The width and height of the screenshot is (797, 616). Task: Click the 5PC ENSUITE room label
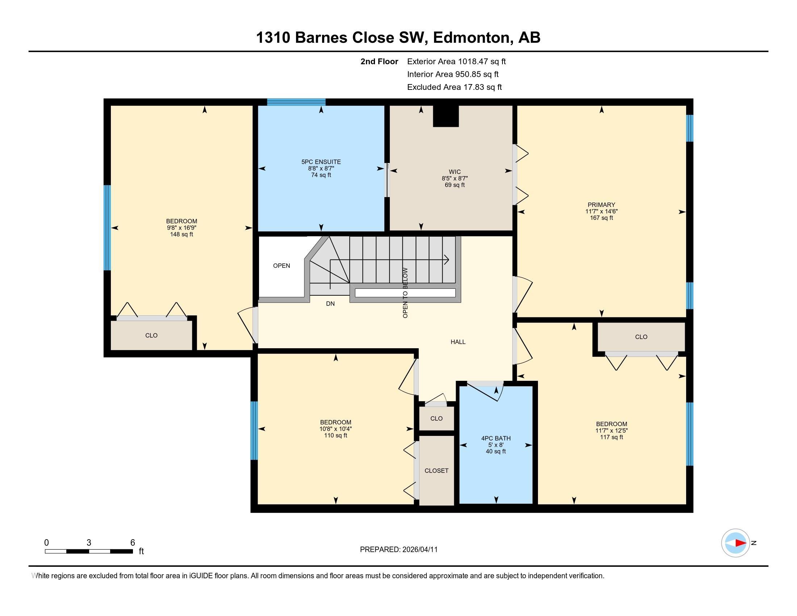point(321,162)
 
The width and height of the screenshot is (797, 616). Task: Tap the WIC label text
point(454,172)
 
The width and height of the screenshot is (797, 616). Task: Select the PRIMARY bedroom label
point(601,205)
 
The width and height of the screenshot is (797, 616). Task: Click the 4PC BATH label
point(496,438)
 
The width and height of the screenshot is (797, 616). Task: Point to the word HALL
point(458,342)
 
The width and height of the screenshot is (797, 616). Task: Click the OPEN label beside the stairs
point(281,266)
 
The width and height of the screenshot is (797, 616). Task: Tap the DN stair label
point(330,304)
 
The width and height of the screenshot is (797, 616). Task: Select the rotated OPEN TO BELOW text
point(405,293)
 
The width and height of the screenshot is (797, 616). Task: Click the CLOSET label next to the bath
point(436,471)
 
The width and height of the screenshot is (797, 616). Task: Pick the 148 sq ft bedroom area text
point(181,234)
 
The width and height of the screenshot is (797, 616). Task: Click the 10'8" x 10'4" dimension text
point(335,429)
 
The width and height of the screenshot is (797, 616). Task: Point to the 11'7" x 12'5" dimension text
point(611,430)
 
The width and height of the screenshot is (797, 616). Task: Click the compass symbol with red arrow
point(735,543)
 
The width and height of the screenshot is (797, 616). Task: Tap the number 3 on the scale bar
point(89,543)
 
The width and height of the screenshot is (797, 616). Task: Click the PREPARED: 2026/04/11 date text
point(398,550)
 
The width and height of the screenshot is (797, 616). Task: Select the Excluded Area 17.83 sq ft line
point(454,87)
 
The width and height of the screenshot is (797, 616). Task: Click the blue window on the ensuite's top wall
point(296,102)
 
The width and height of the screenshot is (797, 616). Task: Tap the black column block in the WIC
point(446,116)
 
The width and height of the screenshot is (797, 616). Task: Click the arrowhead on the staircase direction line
point(446,260)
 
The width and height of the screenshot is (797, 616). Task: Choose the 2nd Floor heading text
point(379,62)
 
